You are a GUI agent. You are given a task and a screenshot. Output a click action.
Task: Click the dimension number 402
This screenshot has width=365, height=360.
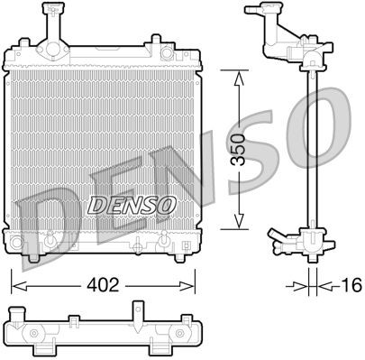104,286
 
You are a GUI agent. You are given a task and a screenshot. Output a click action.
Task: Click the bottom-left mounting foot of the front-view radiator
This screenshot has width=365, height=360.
32,257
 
